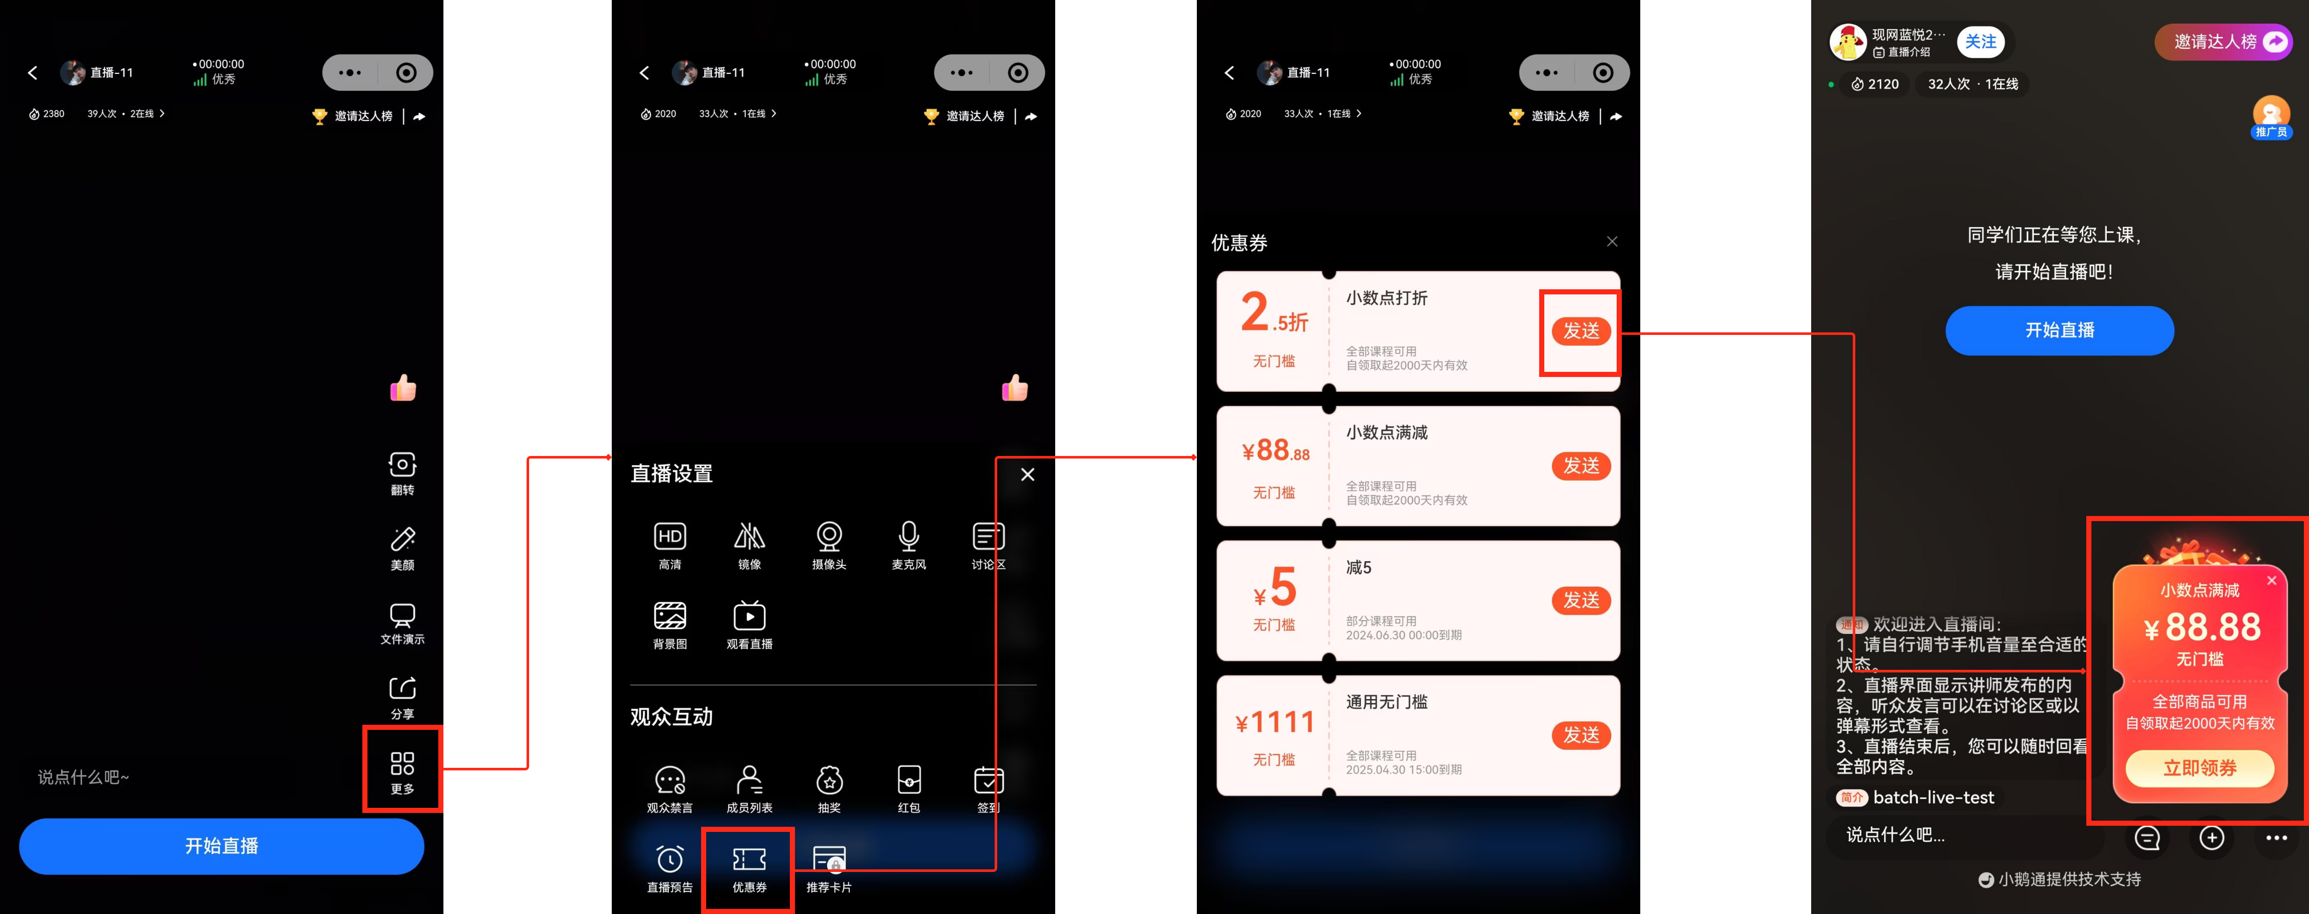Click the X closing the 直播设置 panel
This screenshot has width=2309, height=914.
(x=1027, y=474)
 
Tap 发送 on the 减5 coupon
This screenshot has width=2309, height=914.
(x=1581, y=601)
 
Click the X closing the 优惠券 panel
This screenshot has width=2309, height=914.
(x=1612, y=241)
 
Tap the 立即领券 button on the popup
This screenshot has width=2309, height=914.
(x=2200, y=768)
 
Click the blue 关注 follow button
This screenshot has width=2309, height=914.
(x=1980, y=41)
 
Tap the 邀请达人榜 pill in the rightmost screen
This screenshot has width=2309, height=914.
(x=2223, y=41)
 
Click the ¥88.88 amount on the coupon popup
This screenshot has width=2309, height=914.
(x=2201, y=627)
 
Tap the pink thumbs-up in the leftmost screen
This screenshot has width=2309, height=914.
(x=403, y=387)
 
